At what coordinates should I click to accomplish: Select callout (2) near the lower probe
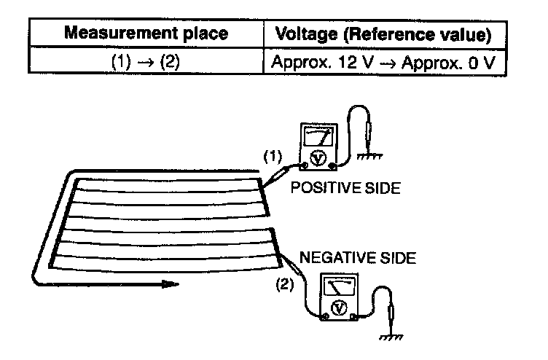tap(285, 285)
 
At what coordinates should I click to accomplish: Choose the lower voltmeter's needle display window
tap(338, 286)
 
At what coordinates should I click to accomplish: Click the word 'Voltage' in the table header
tap(300, 34)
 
